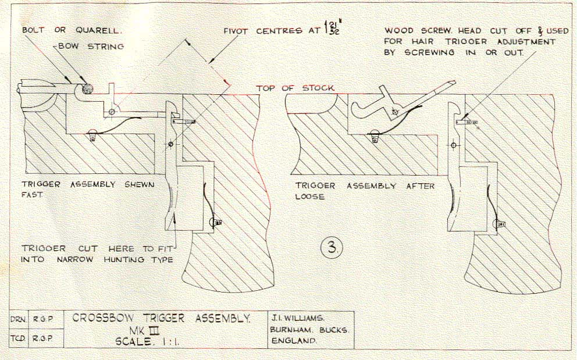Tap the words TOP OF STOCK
point(295,88)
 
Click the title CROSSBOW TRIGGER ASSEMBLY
point(162,318)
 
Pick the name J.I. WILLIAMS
point(301,318)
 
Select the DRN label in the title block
point(17,320)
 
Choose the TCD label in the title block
point(17,338)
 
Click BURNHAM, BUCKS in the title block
point(309,329)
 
